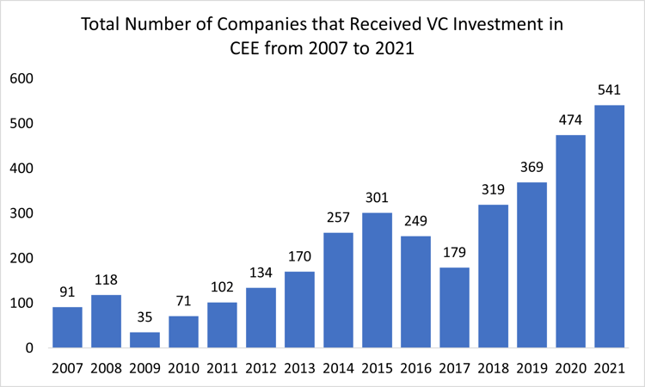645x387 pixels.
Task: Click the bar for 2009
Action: coord(144,340)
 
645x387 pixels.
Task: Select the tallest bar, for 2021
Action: coord(609,227)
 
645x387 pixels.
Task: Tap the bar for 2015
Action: coord(377,280)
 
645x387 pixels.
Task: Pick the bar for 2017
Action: coord(454,308)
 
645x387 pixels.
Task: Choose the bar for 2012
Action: coord(261,317)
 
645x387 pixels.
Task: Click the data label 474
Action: coord(570,120)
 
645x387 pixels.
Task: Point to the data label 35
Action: coord(144,316)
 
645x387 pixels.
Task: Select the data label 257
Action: coord(338,217)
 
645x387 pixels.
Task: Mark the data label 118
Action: coord(106,279)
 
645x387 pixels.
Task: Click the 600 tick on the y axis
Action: coord(21,78)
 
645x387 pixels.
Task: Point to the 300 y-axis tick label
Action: coord(21,213)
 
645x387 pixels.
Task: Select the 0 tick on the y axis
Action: coord(28,348)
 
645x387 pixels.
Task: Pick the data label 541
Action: coord(609,89)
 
